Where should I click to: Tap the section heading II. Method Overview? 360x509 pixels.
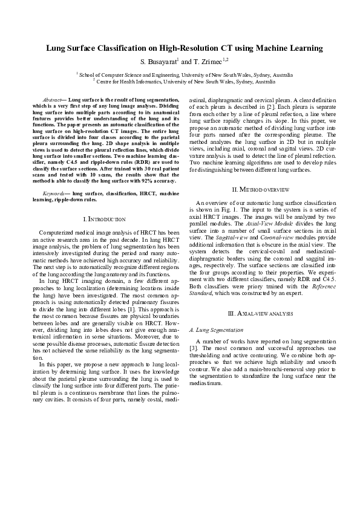click(x=255, y=190)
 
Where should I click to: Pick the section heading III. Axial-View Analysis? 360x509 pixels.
click(x=255, y=314)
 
